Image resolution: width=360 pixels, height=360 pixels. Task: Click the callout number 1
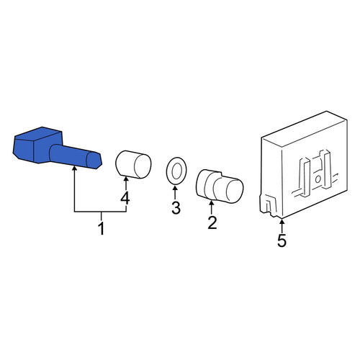coord(102,228)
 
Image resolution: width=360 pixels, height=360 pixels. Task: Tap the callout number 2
coord(212,222)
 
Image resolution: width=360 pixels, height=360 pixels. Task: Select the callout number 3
coord(176,208)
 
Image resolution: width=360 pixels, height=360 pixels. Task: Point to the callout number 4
coord(125,199)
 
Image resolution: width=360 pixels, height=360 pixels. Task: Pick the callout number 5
coord(282,240)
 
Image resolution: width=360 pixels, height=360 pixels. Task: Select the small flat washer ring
coord(176,171)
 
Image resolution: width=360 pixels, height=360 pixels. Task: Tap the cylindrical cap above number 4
coord(134,165)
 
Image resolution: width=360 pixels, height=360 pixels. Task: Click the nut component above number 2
coord(220,186)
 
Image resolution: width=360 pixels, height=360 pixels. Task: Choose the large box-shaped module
coord(304,165)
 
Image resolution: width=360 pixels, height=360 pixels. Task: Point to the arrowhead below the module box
coord(282,221)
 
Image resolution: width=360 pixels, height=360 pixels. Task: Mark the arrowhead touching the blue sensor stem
coord(75,168)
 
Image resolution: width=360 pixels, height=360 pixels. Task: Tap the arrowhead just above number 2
coord(212,204)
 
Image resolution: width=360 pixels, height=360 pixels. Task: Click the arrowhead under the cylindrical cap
coord(126,179)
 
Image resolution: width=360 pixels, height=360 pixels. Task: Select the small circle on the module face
coord(318,179)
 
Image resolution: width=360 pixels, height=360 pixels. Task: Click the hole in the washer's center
coord(176,171)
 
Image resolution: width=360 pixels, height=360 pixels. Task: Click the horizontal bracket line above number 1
coord(101,212)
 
